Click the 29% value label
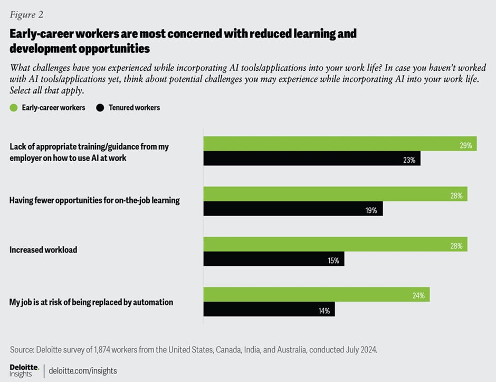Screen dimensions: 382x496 [465, 145]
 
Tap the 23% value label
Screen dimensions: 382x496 [409, 159]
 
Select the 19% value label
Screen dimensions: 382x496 [371, 210]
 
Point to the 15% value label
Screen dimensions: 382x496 [333, 260]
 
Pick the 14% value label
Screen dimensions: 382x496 [323, 311]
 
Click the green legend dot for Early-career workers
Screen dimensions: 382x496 [14, 108]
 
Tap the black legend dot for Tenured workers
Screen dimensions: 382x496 [100, 108]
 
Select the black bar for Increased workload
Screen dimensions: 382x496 [274, 259]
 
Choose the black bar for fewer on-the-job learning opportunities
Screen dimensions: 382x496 [293, 209]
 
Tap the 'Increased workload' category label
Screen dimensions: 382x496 [43, 249]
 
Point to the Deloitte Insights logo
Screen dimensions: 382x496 [24, 370]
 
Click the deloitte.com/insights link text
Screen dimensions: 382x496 [83, 370]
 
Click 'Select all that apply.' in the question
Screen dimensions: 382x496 [47, 90]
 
